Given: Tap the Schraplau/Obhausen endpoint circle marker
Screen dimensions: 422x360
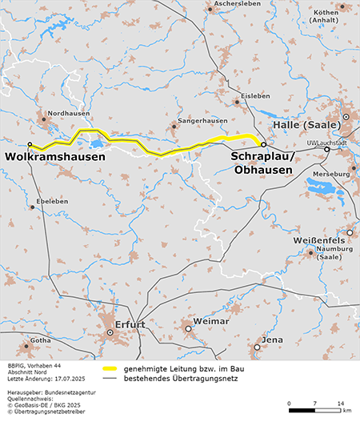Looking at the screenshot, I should (x=263, y=145).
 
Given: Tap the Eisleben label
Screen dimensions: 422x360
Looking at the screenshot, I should (x=256, y=94).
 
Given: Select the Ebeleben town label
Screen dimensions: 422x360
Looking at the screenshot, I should (x=52, y=200).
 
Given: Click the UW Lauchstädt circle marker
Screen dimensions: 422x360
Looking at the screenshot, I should (x=326, y=149).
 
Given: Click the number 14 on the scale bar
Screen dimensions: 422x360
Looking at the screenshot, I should (x=341, y=402).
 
